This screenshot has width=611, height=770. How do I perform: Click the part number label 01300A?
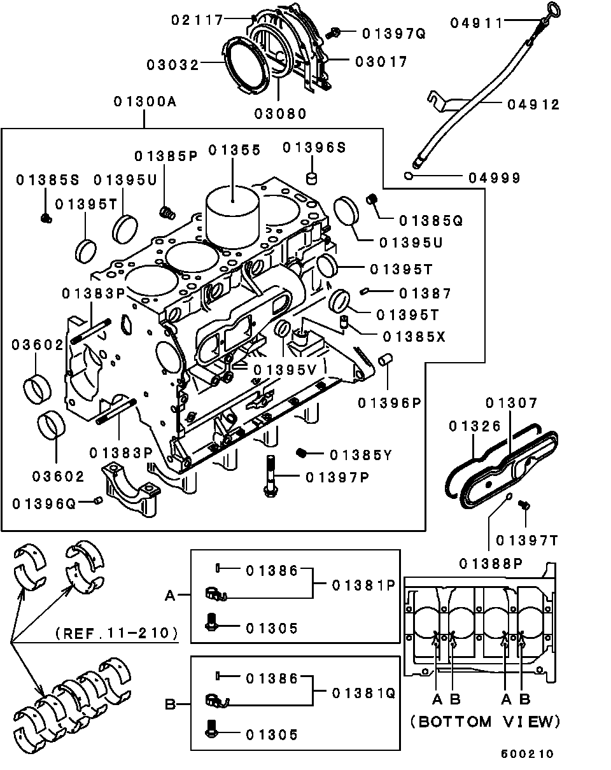tap(144, 102)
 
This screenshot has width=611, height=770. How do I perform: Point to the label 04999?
tap(495, 178)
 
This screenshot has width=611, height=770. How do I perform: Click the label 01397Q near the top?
tap(393, 32)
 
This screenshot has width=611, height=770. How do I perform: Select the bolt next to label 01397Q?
tap(335, 31)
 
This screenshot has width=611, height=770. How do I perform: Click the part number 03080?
tap(281, 114)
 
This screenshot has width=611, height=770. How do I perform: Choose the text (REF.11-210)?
tap(116, 633)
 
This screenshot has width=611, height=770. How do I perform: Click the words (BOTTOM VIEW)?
tap(485, 721)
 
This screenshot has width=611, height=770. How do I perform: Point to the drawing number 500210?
tap(527, 753)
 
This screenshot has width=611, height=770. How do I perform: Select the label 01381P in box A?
tap(363, 585)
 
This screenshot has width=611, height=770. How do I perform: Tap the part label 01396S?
tap(314, 147)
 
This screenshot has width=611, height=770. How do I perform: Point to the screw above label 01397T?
tap(525, 505)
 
